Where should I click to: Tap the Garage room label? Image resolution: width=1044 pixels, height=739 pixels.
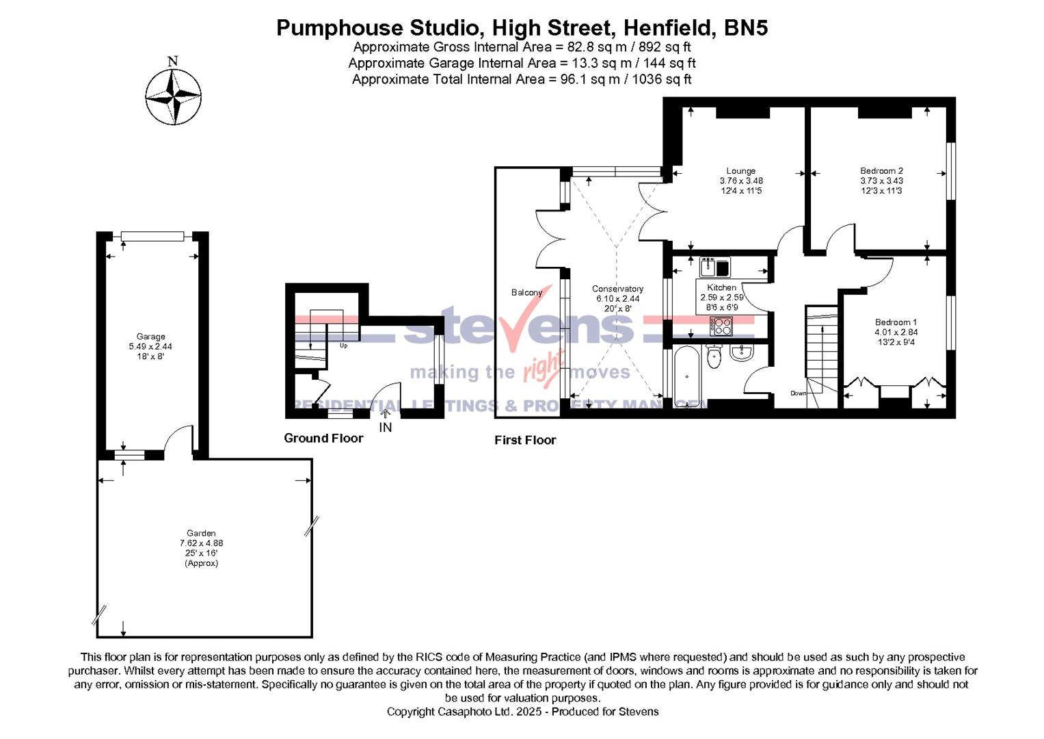[x=150, y=337]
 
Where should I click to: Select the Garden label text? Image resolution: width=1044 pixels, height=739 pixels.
[x=201, y=533]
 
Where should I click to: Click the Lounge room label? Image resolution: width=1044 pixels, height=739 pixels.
[x=740, y=171]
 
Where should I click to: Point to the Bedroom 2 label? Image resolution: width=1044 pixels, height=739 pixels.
[x=881, y=171]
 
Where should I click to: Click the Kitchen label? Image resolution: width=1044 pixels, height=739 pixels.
[x=721, y=288]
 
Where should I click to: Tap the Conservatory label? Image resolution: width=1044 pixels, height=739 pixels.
[x=617, y=289]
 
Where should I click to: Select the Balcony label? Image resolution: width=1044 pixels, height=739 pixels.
[x=526, y=293]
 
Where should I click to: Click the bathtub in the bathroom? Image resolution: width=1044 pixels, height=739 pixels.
[x=684, y=376]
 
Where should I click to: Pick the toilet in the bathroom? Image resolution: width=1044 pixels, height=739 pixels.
[x=714, y=355]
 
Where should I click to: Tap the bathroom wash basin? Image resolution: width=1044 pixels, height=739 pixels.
[x=741, y=352]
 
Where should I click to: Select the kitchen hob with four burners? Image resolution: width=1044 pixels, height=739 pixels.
[x=721, y=326]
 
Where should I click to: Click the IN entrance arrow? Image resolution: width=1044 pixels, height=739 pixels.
[x=386, y=414]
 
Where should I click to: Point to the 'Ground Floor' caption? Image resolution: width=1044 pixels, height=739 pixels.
[x=323, y=439]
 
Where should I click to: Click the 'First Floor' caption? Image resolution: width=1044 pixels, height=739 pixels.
[x=525, y=441]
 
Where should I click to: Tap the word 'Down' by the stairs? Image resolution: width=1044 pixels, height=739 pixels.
[x=798, y=393]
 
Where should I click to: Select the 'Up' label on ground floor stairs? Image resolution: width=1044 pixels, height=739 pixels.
[x=343, y=346]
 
